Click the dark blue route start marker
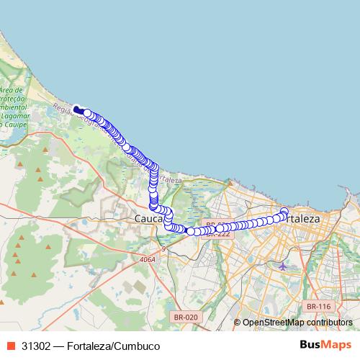click(x=77, y=109)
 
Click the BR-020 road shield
click(x=186, y=316)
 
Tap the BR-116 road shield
click(x=318, y=306)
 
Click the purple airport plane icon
click(x=282, y=266)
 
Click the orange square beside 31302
click(x=11, y=346)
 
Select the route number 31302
click(x=36, y=346)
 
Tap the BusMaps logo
click(x=325, y=345)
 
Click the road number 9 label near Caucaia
click(x=163, y=249)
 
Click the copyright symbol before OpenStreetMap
click(x=237, y=323)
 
